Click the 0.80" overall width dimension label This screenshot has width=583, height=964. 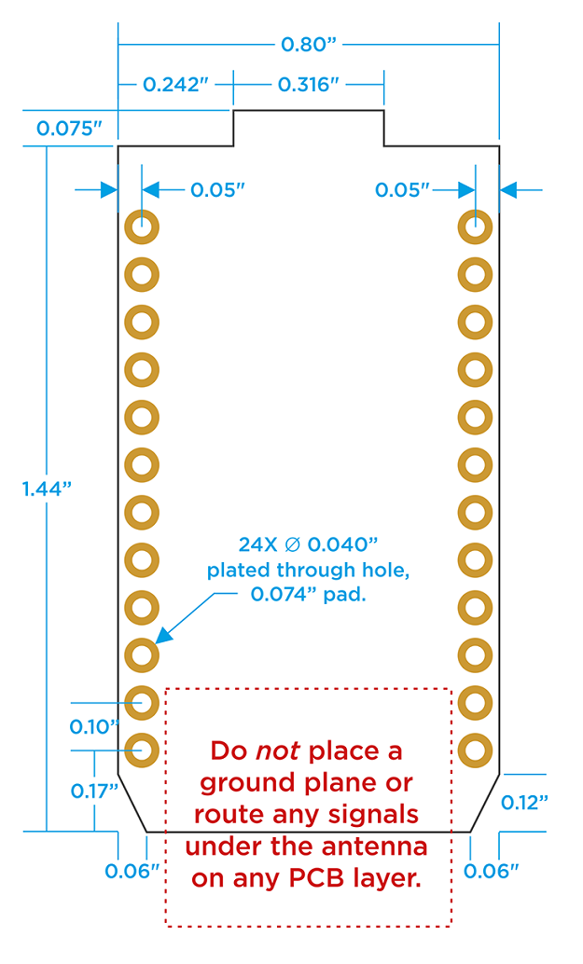pos(308,45)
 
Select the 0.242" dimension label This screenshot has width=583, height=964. pos(174,85)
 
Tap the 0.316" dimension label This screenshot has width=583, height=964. pos(308,85)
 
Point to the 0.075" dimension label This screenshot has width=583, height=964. pos(68,129)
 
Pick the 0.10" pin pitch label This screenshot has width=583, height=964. pos(95,725)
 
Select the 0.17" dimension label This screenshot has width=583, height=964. pos(95,792)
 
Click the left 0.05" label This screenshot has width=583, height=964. pos(217,190)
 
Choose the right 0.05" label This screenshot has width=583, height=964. pos(403,190)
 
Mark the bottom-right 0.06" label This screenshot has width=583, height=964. pos(491,872)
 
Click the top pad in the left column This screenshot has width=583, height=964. pos(142,227)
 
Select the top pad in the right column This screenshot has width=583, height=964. pos(475,227)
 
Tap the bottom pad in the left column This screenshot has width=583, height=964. pos(142,748)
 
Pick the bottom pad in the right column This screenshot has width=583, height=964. pos(475,748)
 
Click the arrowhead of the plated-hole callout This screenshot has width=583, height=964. pos(162,637)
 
